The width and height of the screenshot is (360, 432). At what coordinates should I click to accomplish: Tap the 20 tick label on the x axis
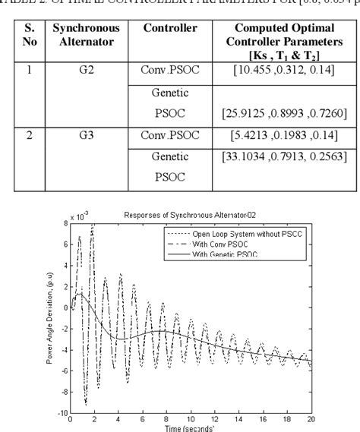tap(311, 419)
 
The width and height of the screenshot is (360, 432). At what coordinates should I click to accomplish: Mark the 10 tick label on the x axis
tap(191, 419)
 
